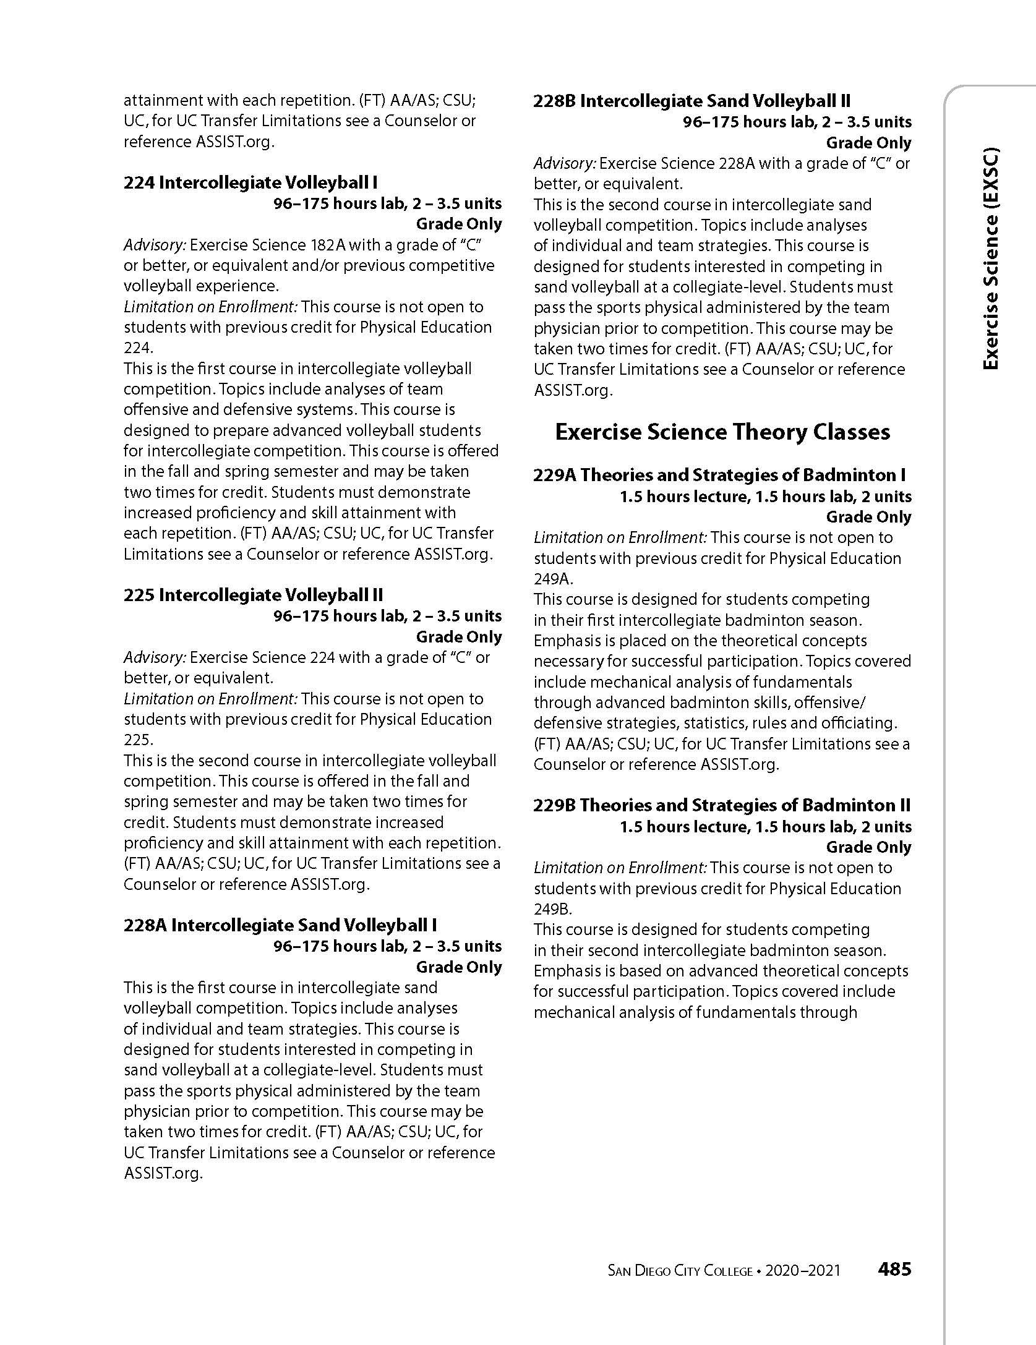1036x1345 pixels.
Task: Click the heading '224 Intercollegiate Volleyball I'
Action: [x=250, y=182]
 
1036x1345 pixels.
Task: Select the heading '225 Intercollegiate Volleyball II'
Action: [x=254, y=595]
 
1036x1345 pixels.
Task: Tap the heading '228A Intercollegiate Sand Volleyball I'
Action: [x=280, y=925]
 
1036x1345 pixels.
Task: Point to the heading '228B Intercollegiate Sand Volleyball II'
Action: [x=692, y=101]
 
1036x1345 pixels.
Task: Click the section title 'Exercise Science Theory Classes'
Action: [x=722, y=432]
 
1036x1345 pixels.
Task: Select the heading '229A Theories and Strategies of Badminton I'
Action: [x=719, y=475]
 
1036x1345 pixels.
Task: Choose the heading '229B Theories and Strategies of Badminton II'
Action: [x=722, y=805]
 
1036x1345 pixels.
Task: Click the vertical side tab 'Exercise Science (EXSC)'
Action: [x=990, y=267]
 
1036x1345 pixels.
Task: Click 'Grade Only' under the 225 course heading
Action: [x=458, y=637]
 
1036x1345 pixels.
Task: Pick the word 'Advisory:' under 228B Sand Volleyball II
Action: [x=565, y=163]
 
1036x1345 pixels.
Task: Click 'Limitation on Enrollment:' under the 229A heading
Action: [x=620, y=537]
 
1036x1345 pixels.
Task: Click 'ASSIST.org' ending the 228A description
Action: [x=163, y=1173]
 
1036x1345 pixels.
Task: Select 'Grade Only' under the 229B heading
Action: [x=868, y=847]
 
